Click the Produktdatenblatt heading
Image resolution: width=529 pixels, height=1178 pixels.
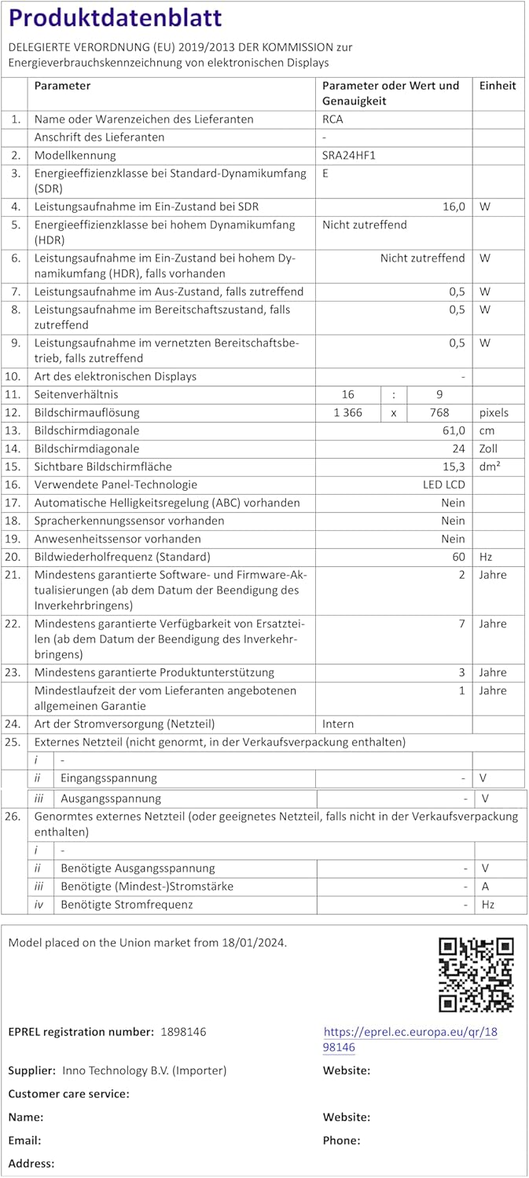pos(116,18)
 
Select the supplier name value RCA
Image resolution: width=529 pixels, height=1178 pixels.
pos(332,119)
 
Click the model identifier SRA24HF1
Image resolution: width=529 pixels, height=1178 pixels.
pos(349,155)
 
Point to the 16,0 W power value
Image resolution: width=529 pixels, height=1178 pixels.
pos(454,207)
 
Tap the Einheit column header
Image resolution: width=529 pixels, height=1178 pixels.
pos(498,86)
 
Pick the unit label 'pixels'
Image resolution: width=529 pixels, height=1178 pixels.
pos(494,412)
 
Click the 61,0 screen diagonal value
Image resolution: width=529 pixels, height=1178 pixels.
pos(454,430)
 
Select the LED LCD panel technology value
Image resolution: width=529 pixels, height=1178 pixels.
pos(443,485)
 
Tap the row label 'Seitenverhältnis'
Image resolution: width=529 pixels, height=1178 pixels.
pos(76,394)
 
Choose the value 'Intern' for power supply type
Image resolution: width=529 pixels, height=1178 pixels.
pos(338,723)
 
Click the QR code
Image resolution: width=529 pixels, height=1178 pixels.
pos(476,974)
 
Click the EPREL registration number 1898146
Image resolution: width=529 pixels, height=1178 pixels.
pos(183,1031)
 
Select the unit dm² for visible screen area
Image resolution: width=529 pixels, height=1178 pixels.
pos(490,466)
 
